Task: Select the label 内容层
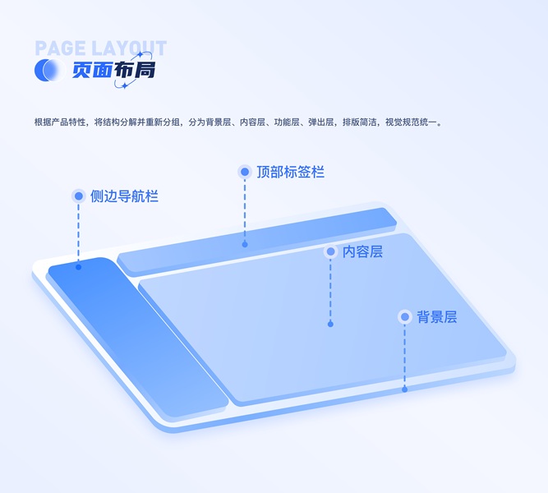point(362,251)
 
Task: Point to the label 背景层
point(436,316)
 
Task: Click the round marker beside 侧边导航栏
point(79,196)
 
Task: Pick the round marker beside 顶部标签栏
point(245,172)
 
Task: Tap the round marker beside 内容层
point(330,251)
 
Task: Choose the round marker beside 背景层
point(404,316)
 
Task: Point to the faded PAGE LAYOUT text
point(100,48)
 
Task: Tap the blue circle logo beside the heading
point(48,71)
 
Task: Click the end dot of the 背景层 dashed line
point(404,389)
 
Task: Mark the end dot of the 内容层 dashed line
point(330,324)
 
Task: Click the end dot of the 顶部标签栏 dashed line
point(245,244)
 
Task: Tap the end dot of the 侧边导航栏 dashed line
point(79,267)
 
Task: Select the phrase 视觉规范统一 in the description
point(412,122)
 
